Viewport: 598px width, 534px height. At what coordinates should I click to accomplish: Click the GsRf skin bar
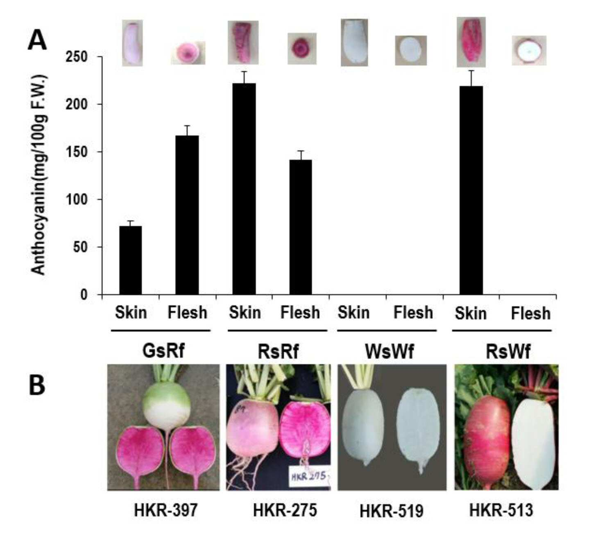[130, 260]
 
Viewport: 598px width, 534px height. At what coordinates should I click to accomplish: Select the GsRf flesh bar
[187, 215]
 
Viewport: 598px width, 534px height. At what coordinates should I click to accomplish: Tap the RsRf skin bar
[244, 189]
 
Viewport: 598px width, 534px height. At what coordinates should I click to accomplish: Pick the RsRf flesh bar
[300, 227]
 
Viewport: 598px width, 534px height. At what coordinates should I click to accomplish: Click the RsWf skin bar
[471, 190]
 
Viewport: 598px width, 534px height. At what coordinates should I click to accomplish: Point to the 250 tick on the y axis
[100, 56]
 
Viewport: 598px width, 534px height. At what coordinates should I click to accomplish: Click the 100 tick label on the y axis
[77, 200]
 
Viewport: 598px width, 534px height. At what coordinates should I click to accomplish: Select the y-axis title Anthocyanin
[39, 175]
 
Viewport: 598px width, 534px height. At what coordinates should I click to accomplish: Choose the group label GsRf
[163, 351]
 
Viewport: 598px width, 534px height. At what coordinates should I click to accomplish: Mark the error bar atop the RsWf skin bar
[471, 78]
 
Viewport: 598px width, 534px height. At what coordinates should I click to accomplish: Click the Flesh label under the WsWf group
[413, 313]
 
